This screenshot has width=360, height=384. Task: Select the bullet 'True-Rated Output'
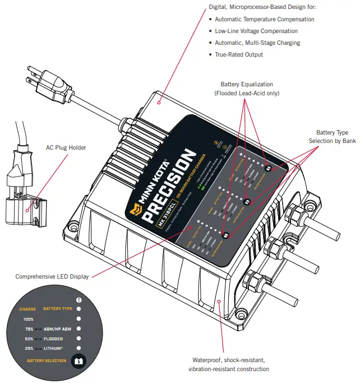[x=239, y=54]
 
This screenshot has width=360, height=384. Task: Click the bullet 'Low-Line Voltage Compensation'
[x=256, y=31]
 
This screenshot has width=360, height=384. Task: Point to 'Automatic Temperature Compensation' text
[x=265, y=19]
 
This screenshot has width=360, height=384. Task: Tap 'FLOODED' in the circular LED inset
[x=53, y=339]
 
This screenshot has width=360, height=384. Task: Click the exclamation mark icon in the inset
[x=79, y=299]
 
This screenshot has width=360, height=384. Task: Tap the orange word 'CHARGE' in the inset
[x=27, y=309]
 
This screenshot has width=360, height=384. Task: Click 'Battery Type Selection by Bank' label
[x=332, y=136]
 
